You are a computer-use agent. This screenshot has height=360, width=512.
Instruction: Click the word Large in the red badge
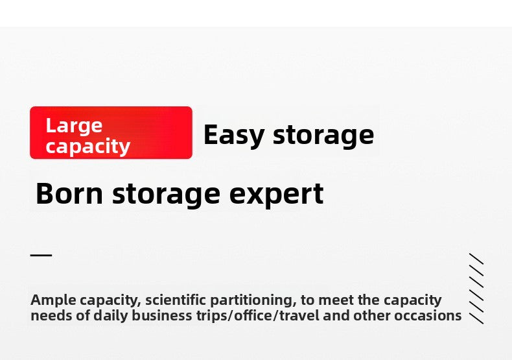pyautogui.click(x=74, y=126)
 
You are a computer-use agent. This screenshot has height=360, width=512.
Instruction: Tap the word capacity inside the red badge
pyautogui.click(x=88, y=147)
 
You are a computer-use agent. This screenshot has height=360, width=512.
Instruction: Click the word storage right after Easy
pyautogui.click(x=323, y=136)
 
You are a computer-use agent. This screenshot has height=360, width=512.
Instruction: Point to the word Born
pyautogui.click(x=69, y=193)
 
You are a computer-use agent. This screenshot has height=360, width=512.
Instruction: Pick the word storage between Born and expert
pyautogui.click(x=166, y=195)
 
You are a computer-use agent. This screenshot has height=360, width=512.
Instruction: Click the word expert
pyautogui.click(x=276, y=195)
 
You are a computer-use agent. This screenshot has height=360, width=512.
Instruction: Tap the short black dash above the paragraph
pyautogui.click(x=41, y=255)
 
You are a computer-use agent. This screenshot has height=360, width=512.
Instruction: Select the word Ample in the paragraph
pyautogui.click(x=54, y=300)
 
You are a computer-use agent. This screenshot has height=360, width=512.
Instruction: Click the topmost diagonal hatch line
pyautogui.click(x=476, y=259)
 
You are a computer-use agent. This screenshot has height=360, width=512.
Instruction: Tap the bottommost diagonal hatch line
pyautogui.click(x=476, y=318)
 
